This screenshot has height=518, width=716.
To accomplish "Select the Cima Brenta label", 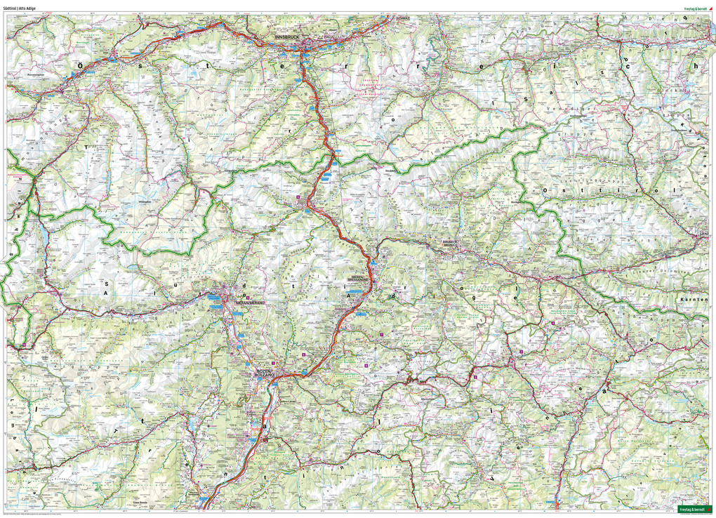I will point(140,503).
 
